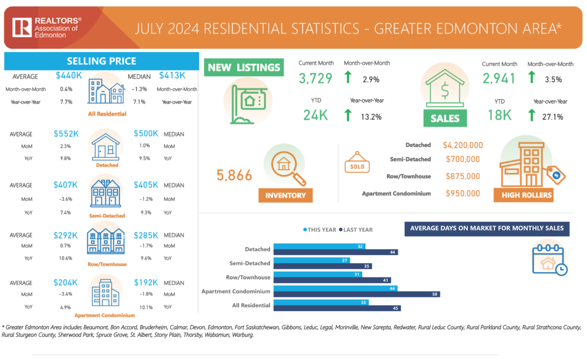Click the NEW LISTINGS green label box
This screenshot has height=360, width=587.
[x=244, y=68]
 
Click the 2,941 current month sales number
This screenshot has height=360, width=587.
[x=499, y=79]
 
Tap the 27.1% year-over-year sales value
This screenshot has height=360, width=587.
[x=551, y=117]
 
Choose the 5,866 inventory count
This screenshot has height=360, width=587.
[x=234, y=175]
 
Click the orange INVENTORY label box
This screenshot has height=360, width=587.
[x=285, y=195]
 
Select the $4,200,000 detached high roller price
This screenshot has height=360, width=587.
[x=463, y=146]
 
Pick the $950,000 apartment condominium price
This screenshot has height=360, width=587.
[x=462, y=194]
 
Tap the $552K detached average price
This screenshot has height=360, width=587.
[x=66, y=134]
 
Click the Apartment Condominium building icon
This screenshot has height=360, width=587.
[x=104, y=293]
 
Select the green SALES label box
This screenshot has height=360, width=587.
[x=445, y=118]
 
